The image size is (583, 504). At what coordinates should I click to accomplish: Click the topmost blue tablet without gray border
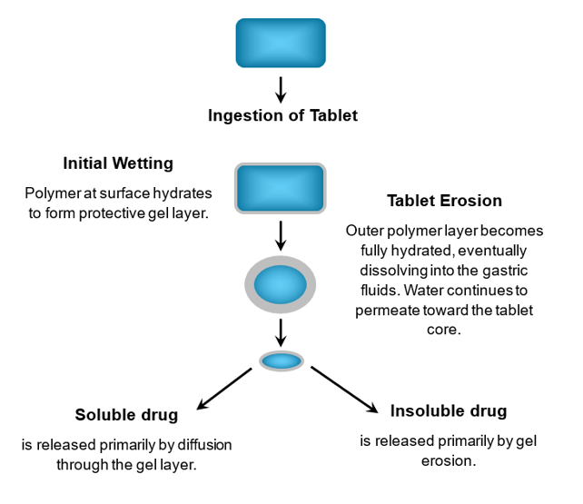click(x=280, y=43)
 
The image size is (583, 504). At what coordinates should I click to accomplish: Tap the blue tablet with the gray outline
click(x=280, y=188)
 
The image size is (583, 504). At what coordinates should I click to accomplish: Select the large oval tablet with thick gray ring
click(x=281, y=285)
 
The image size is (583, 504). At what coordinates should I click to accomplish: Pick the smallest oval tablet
click(x=282, y=361)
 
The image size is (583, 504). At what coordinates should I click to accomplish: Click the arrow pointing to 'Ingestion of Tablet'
click(x=281, y=89)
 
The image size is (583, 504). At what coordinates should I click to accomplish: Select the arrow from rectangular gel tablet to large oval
click(x=281, y=234)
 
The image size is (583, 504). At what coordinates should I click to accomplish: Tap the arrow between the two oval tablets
click(x=281, y=330)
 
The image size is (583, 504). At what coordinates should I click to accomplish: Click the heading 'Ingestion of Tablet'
click(x=282, y=116)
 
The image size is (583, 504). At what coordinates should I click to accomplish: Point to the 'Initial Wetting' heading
click(x=118, y=164)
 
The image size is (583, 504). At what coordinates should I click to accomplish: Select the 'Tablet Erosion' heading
click(x=444, y=201)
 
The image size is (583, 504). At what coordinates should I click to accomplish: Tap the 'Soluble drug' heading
click(x=126, y=416)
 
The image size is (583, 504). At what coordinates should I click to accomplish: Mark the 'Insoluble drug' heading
click(x=449, y=410)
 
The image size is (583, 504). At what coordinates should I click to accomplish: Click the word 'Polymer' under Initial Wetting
click(x=51, y=194)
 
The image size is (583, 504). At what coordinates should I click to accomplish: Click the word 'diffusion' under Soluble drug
click(x=198, y=445)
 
